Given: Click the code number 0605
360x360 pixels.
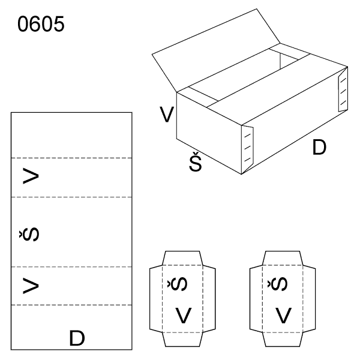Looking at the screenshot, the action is (41, 24).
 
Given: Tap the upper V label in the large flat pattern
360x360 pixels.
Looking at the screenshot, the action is (31, 176).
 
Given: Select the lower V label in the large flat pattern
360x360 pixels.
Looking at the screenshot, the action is (31, 286).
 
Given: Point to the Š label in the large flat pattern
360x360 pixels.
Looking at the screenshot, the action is (29, 234).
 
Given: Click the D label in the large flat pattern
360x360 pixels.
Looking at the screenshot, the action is (77, 338).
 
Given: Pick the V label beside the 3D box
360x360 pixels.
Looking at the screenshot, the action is (167, 115).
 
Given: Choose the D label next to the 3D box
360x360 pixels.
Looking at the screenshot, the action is (319, 147).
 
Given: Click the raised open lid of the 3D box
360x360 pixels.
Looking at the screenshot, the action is (216, 50).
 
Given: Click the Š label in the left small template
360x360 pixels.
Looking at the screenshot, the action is (177, 284).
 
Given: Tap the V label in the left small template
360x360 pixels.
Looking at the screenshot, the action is (184, 316).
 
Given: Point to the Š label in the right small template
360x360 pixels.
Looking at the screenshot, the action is (277, 284).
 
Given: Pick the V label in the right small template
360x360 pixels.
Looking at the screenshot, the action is (284, 316).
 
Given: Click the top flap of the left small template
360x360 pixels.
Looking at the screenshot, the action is (182, 258).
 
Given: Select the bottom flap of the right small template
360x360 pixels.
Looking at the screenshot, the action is (283, 340).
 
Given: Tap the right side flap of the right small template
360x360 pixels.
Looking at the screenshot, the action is (309, 299).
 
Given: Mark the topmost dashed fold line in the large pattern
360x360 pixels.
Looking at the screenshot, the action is (71, 158).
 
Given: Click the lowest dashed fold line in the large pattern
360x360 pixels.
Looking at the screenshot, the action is (71, 305).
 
